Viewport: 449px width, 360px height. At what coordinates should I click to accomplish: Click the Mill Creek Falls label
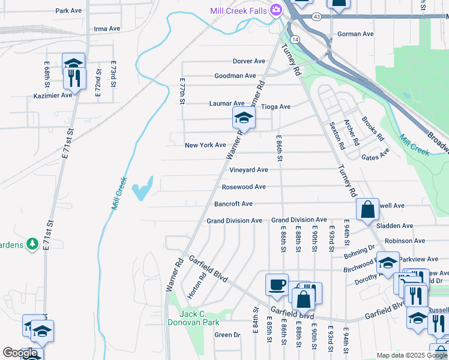pyautogui.click(x=238, y=11)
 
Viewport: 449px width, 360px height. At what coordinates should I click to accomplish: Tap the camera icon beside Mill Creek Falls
pyautogui.click(x=276, y=10)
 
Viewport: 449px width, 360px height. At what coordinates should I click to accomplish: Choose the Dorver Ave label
pyautogui.click(x=249, y=61)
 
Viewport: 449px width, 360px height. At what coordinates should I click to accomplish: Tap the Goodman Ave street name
pyautogui.click(x=235, y=76)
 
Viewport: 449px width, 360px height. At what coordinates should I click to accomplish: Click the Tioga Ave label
pyautogui.click(x=276, y=107)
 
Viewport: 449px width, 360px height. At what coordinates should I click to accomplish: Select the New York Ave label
pyautogui.click(x=205, y=145)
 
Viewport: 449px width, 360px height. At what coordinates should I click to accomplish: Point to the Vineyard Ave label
pyautogui.click(x=249, y=170)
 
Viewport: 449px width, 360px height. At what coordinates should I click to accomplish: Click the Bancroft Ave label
pyautogui.click(x=234, y=204)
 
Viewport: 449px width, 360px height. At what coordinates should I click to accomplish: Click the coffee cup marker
pyautogui.click(x=277, y=284)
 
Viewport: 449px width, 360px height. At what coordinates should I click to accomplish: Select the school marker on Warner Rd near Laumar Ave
pyautogui.click(x=244, y=118)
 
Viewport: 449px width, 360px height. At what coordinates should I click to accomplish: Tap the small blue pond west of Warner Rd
pyautogui.click(x=144, y=188)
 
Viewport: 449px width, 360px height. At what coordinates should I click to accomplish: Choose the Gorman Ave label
pyautogui.click(x=355, y=34)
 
